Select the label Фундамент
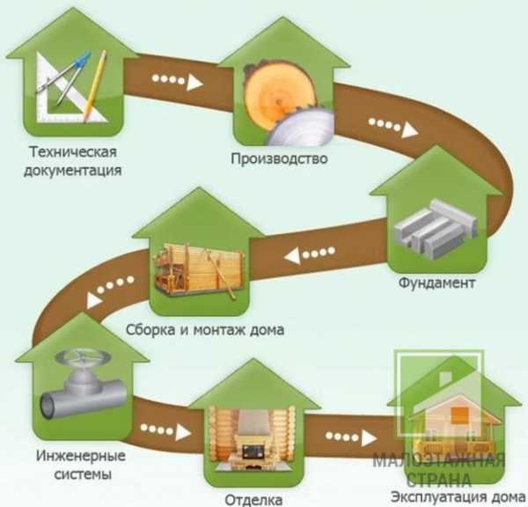point(436,284)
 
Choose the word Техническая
point(73,151)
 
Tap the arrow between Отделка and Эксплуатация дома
point(345,437)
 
